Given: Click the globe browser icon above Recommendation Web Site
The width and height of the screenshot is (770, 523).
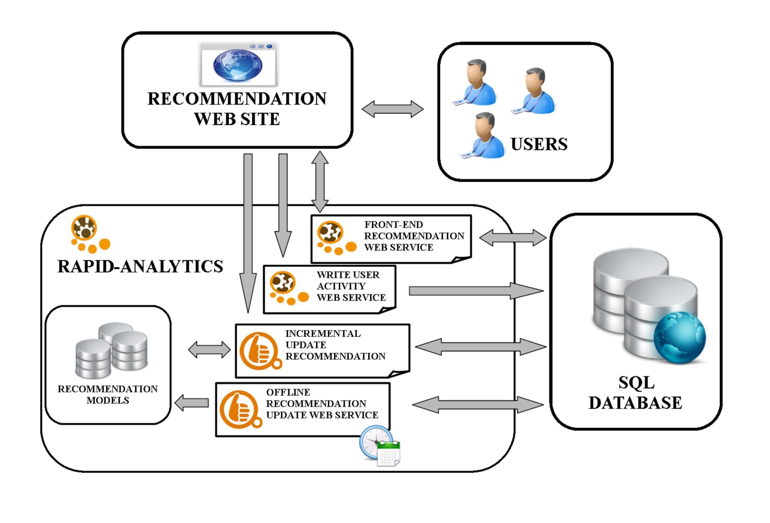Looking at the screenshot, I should (238, 64).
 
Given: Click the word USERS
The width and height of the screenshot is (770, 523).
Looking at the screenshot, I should (539, 144).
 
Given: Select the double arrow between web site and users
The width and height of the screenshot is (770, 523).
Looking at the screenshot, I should (392, 109).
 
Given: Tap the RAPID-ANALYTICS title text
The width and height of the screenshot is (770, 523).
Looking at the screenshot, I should (140, 266).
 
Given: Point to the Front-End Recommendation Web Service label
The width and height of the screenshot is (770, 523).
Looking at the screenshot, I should (414, 236).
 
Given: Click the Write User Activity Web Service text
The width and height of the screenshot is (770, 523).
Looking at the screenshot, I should (351, 286).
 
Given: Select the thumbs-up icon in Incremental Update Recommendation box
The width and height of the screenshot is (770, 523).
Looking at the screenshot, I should (260, 351).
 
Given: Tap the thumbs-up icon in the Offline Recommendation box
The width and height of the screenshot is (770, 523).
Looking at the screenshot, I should (240, 409).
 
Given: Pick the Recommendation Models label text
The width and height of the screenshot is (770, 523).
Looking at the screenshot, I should (108, 394).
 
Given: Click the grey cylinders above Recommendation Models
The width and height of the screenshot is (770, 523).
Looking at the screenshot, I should (112, 350).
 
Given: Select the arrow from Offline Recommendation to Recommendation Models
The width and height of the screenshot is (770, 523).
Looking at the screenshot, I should (192, 403).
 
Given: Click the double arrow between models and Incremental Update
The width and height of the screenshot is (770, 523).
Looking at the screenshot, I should (209, 350).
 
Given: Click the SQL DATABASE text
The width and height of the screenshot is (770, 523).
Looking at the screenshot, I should (635, 393).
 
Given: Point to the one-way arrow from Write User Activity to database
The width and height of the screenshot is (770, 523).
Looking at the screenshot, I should (476, 291).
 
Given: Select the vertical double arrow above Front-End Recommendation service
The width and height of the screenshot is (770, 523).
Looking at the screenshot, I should (320, 182).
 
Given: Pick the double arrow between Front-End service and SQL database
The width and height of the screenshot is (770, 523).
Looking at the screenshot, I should (512, 238).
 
